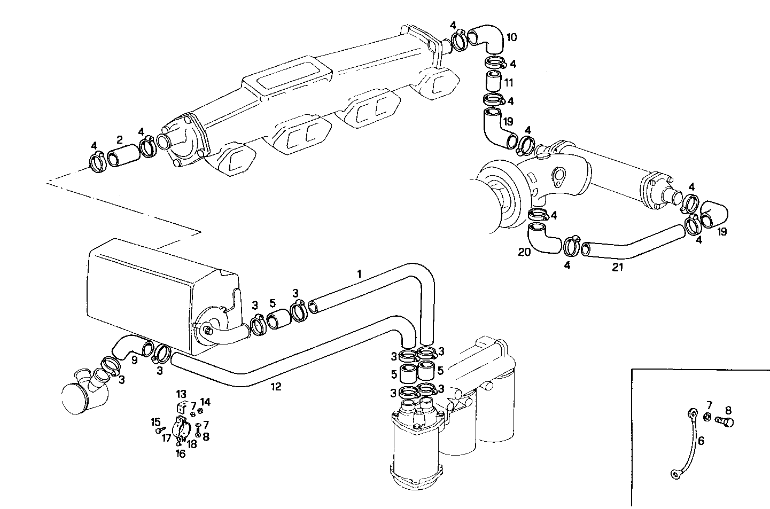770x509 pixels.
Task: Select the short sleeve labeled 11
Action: (x=493, y=82)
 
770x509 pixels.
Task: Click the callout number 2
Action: (x=120, y=140)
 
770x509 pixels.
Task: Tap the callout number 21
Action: (x=618, y=268)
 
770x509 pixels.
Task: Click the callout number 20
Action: (x=525, y=252)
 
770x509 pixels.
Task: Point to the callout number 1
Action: (x=360, y=273)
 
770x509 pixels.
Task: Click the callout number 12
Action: (x=275, y=387)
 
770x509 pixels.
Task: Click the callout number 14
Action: (x=205, y=402)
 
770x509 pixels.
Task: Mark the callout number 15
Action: (x=155, y=421)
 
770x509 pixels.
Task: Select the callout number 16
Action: (x=181, y=453)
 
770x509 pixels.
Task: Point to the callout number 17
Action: (x=166, y=438)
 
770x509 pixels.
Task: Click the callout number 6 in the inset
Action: (x=701, y=441)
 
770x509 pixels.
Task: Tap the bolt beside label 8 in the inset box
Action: (x=726, y=421)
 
